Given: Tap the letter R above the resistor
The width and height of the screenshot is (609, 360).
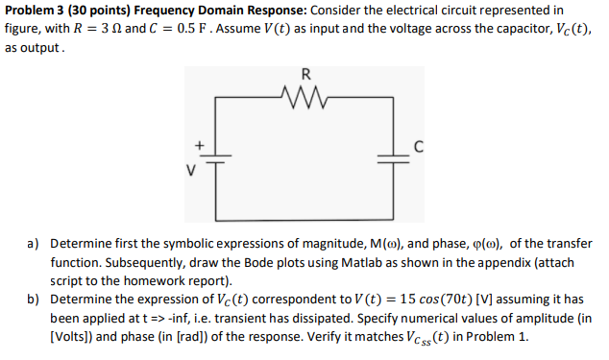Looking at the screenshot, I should tap(305, 74).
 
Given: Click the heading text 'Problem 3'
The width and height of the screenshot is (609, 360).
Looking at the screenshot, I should tap(36, 10).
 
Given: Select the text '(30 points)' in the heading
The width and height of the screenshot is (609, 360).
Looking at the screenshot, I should tap(101, 10).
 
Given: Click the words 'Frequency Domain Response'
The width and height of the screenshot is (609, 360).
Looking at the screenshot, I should tap(219, 10).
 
